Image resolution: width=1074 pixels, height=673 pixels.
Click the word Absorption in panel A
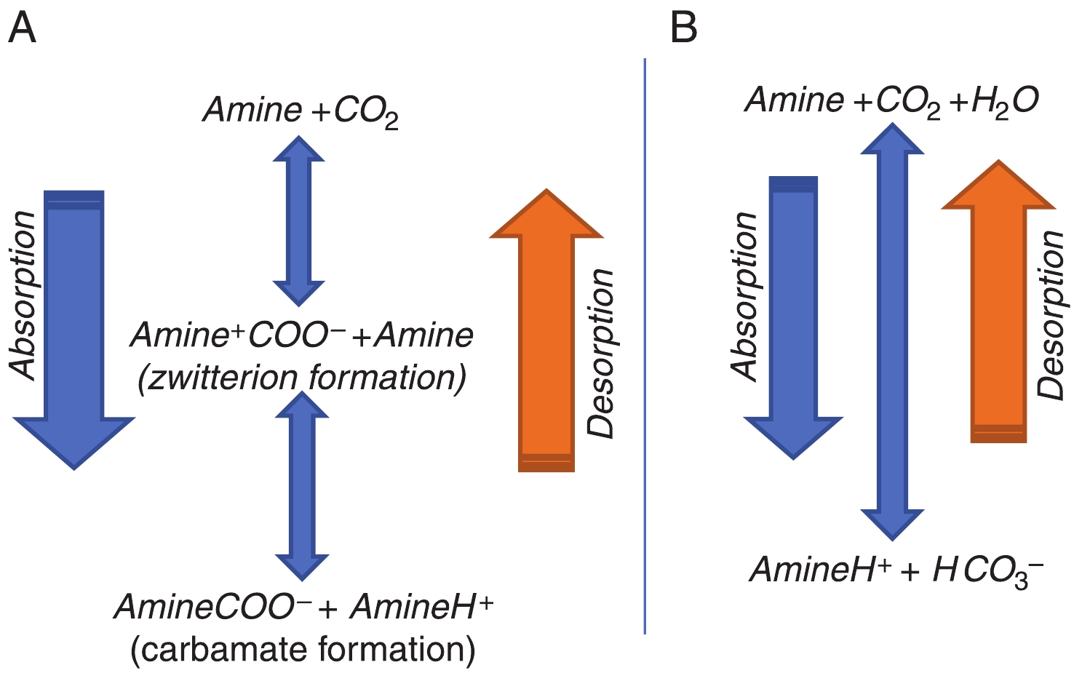pos(23,295)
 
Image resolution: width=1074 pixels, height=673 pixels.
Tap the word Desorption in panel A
pos(601,354)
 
